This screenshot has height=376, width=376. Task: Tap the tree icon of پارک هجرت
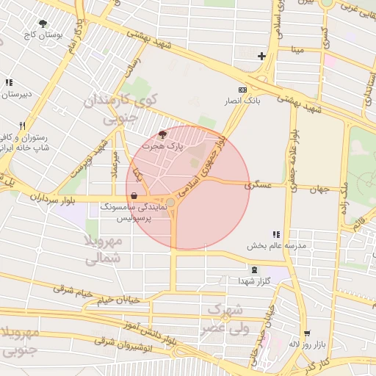coord(162,134)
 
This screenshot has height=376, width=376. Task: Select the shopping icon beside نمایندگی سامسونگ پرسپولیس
coord(133,196)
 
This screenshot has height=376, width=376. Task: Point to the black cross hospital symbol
coord(261,56)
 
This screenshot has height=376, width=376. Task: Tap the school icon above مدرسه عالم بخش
coord(275,234)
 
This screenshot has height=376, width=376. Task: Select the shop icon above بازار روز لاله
coord(306,333)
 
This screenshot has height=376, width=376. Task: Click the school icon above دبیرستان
coord(9,83)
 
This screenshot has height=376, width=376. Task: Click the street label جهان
coord(318,189)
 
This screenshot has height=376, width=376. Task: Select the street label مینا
coord(297,50)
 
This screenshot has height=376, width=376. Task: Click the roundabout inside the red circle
coord(170,202)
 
